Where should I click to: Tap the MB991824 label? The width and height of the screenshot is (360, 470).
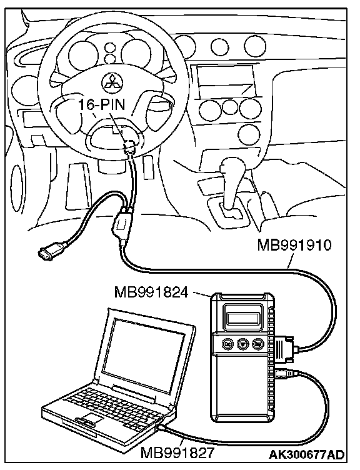click(x=151, y=292)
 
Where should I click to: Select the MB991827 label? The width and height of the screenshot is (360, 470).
click(x=177, y=452)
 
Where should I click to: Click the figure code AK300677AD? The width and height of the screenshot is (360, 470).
click(x=306, y=454)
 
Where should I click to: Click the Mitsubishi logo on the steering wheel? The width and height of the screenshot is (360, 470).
click(x=111, y=81)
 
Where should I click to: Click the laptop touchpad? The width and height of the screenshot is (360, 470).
click(x=91, y=417)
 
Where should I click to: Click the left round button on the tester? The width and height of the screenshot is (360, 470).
click(x=227, y=344)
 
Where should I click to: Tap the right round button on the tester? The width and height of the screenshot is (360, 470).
click(x=257, y=344)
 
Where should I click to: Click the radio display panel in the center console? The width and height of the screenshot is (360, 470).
click(x=225, y=81)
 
